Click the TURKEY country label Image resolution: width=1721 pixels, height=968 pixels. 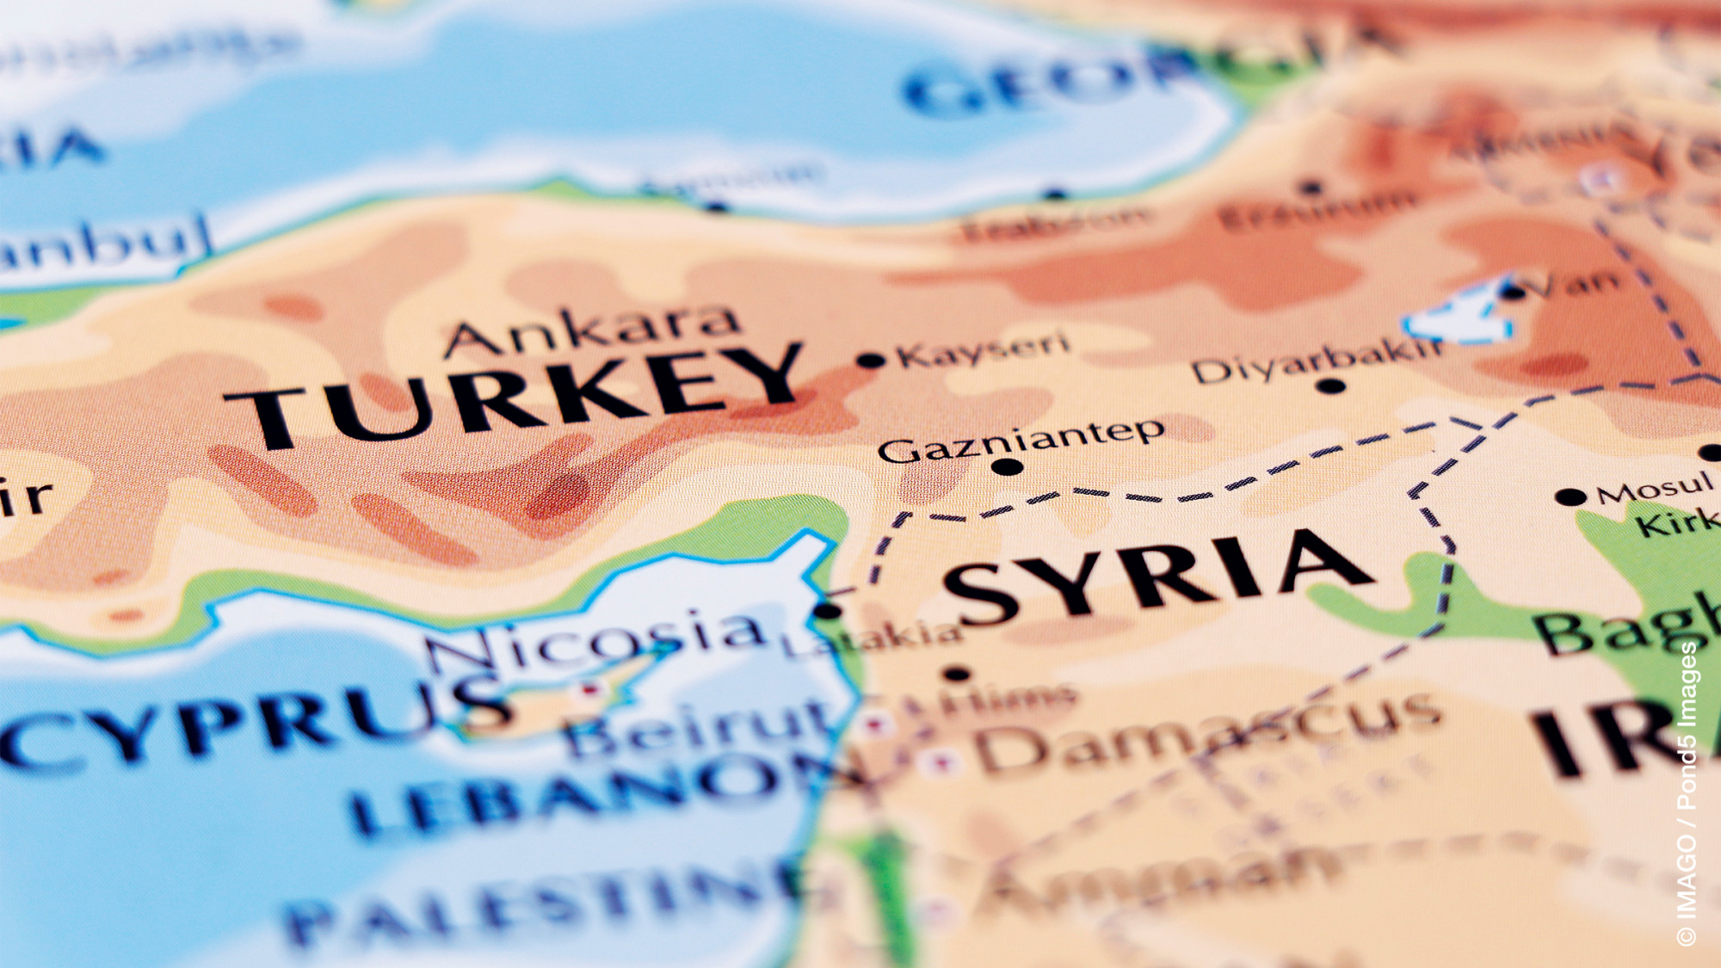(x=516, y=396)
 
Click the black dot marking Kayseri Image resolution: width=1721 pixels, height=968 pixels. (x=871, y=361)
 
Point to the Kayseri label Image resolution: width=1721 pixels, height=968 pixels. (x=983, y=348)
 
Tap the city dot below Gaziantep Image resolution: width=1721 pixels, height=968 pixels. (x=1007, y=467)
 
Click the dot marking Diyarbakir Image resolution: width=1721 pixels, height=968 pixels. (x=1330, y=385)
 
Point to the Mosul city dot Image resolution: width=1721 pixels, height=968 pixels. (x=1570, y=496)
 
